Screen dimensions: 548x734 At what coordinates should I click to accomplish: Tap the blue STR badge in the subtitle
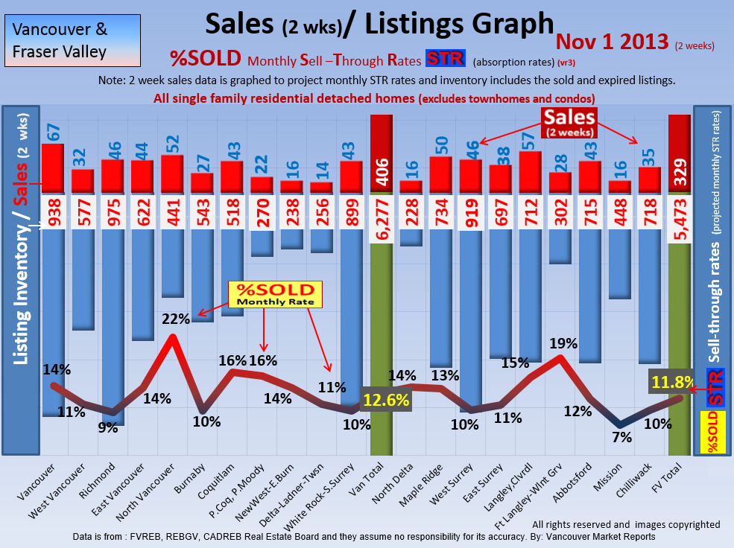[x=445, y=59]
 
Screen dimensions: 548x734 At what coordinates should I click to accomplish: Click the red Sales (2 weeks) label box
[x=569, y=122]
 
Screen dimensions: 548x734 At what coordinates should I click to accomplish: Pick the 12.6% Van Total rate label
[x=387, y=400]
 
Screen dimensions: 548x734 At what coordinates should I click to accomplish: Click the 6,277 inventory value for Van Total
[x=381, y=212]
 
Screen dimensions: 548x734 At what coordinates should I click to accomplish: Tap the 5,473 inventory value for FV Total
[x=679, y=212]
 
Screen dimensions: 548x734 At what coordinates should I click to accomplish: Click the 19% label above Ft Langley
[x=563, y=343]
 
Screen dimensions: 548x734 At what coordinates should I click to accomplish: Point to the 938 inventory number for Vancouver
[x=52, y=212]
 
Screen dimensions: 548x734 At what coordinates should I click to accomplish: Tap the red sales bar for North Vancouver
[x=172, y=174]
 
